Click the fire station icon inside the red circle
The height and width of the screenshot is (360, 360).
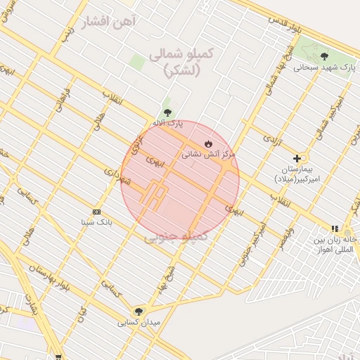(x=207, y=143)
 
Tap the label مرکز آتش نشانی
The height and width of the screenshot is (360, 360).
(x=209, y=154)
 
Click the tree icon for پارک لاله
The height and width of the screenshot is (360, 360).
(x=167, y=112)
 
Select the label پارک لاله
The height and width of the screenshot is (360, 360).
(x=167, y=123)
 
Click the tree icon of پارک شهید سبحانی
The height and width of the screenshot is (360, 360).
(x=324, y=56)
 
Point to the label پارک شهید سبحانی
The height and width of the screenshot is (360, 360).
(x=324, y=67)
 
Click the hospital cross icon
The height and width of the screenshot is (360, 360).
(x=297, y=158)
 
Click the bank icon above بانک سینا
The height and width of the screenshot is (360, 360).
(x=97, y=212)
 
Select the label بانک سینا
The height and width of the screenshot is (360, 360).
(x=97, y=222)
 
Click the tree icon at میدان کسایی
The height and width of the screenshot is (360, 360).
(x=139, y=311)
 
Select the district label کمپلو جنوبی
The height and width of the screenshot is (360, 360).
(x=176, y=238)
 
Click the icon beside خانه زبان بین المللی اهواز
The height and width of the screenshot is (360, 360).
(x=335, y=229)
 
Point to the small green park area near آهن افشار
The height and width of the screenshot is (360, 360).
(x=137, y=62)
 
